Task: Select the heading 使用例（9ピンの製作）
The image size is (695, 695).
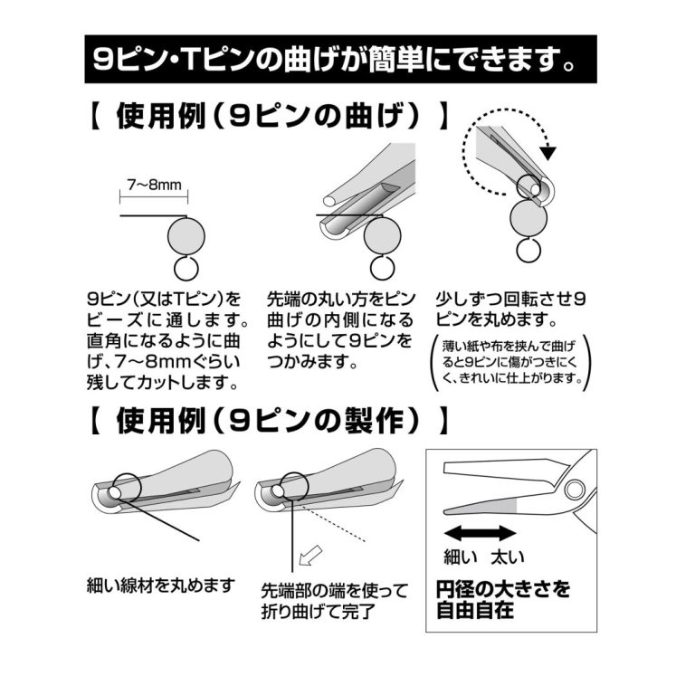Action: tap(268, 419)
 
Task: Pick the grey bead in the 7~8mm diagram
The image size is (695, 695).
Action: tap(187, 237)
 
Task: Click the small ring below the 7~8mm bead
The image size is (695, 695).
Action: tap(186, 269)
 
